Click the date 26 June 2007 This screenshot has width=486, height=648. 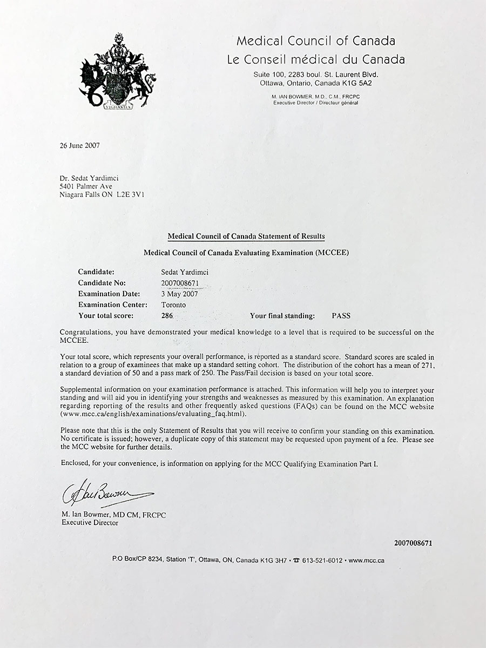[80, 145]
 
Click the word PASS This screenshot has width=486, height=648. [341, 316]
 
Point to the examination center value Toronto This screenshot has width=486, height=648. [173, 305]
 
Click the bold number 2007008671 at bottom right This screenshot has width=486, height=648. [413, 543]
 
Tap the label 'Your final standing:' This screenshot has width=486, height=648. [282, 316]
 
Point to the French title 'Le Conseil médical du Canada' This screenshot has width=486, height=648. [316, 59]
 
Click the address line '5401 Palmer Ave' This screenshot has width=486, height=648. [86, 186]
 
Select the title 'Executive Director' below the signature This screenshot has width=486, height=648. [90, 523]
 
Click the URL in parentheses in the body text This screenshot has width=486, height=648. [153, 414]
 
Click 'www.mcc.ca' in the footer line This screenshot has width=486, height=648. [367, 561]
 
